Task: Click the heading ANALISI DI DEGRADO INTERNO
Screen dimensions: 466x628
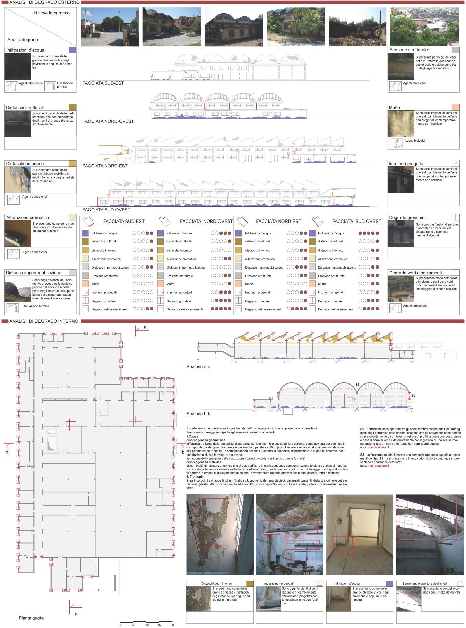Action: click(44, 321)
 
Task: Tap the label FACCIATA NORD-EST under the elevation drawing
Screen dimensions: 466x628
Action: click(105, 166)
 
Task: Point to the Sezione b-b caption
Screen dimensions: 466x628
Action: click(198, 414)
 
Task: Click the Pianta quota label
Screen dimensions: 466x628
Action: click(31, 618)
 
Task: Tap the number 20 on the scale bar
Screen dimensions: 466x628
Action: click(172, 625)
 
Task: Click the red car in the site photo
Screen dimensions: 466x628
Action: click(163, 34)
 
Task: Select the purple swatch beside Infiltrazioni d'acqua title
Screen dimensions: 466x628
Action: click(72, 50)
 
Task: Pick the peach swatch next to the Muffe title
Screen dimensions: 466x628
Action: click(455, 107)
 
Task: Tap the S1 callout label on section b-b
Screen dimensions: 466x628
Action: click(357, 385)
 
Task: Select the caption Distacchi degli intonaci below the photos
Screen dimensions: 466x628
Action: click(217, 583)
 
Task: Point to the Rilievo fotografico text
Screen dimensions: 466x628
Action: click(52, 13)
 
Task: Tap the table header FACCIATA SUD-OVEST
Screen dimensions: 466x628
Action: click(356, 221)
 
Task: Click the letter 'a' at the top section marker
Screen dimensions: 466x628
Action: click(145, 327)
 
